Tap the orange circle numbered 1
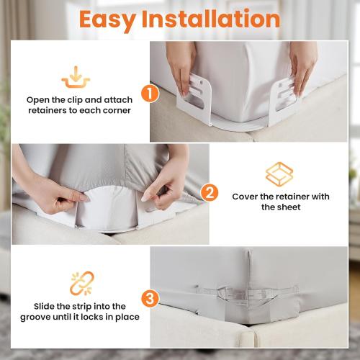click(x=148, y=93)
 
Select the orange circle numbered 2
click(x=210, y=192)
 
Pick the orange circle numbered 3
click(x=148, y=297)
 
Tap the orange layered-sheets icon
click(x=279, y=174)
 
